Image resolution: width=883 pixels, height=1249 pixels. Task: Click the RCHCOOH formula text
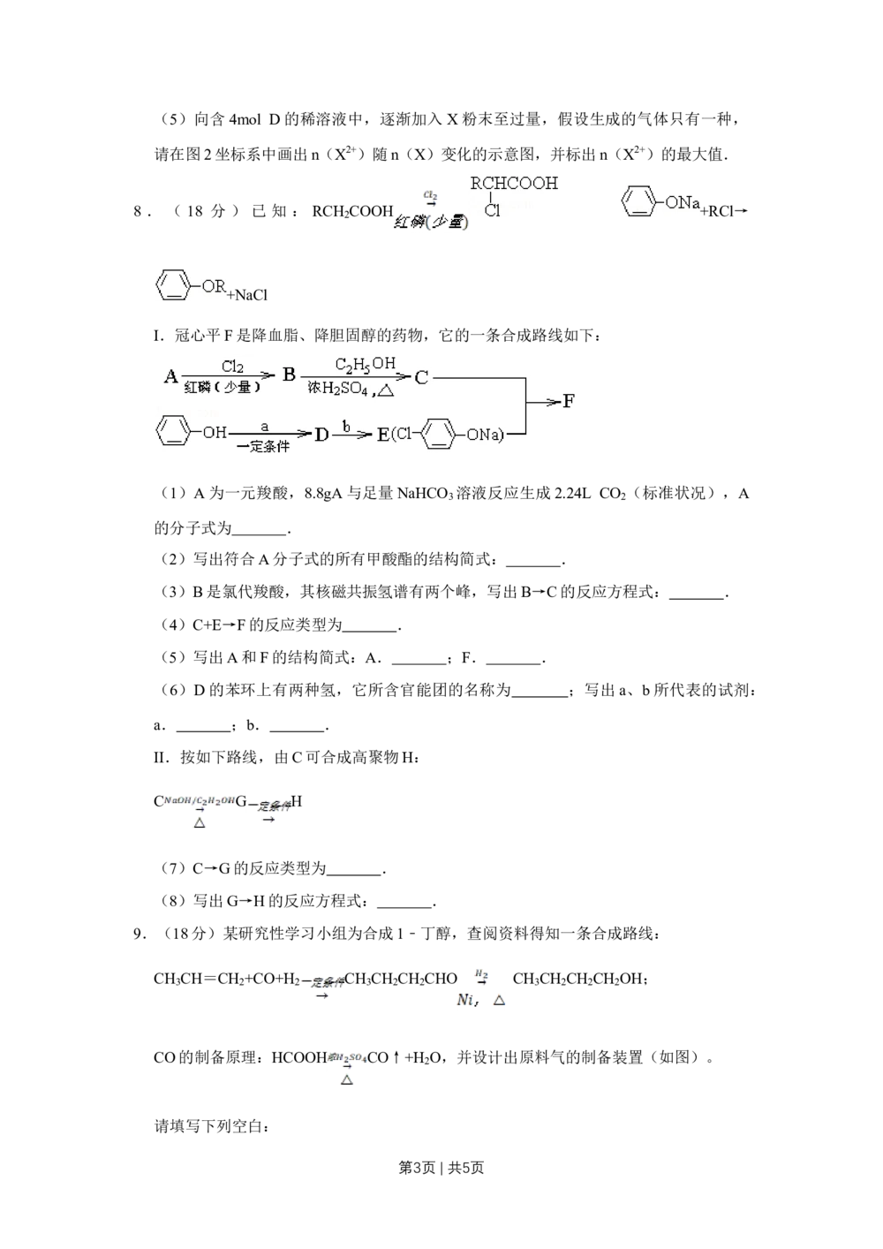tap(515, 184)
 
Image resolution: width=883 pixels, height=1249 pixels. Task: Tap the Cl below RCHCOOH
tap(492, 210)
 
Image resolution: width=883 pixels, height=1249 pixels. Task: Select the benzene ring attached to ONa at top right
tap(637, 201)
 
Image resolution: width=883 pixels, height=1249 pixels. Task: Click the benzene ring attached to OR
tap(171, 285)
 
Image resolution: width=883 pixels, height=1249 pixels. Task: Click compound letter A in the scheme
tap(171, 377)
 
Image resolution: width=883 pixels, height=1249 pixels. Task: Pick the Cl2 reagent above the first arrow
tap(232, 367)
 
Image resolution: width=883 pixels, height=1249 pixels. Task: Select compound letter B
tap(289, 375)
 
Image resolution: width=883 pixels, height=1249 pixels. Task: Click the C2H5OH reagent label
tap(365, 364)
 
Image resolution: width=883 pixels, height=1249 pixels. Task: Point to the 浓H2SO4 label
tap(340, 387)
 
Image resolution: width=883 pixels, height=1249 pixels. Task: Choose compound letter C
tap(421, 377)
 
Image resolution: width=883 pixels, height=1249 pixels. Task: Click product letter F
tap(570, 402)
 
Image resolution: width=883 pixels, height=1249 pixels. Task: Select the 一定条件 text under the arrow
tap(264, 447)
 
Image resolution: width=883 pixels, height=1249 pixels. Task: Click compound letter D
tap(321, 435)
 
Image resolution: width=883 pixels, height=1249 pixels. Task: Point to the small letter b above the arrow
tap(347, 426)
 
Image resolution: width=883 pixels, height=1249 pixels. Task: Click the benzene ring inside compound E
tap(440, 435)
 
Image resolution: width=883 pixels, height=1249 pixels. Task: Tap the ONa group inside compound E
tap(482, 435)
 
